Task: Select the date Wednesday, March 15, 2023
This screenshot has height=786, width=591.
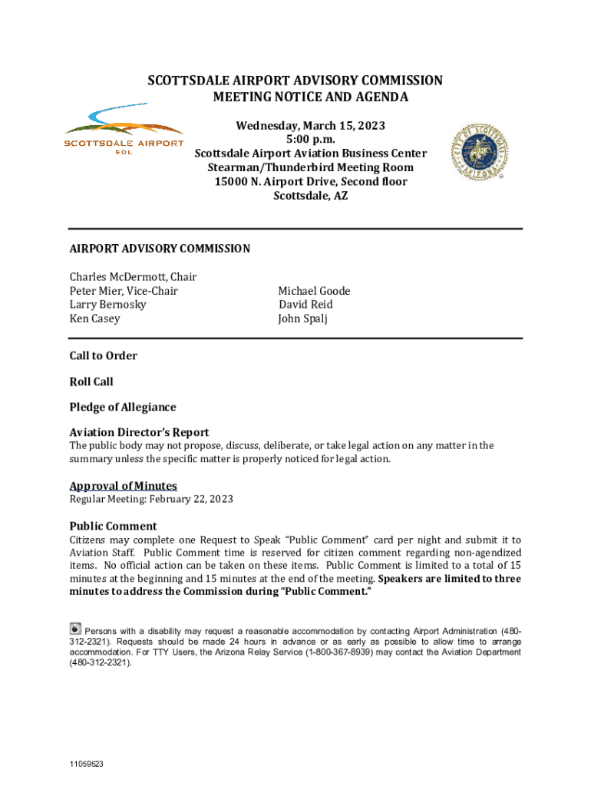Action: [x=310, y=126]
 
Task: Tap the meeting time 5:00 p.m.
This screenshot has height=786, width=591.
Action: [x=310, y=140]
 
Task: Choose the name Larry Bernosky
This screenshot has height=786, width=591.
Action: [x=107, y=305]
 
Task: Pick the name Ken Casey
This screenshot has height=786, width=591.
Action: [x=94, y=319]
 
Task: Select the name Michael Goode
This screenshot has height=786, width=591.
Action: [x=314, y=291]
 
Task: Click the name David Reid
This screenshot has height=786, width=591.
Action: [x=305, y=305]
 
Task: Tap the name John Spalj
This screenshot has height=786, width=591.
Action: [x=302, y=319]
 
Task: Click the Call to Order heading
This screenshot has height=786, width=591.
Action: [x=104, y=355]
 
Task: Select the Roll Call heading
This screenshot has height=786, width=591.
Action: [x=91, y=381]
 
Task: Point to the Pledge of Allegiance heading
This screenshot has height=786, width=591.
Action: [x=123, y=407]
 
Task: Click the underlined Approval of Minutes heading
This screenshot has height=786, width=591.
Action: [x=124, y=486]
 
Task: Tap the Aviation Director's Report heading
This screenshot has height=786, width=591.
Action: [x=139, y=432]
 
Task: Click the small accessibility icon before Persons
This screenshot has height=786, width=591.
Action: [x=75, y=628]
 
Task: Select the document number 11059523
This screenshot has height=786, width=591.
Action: [x=86, y=765]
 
